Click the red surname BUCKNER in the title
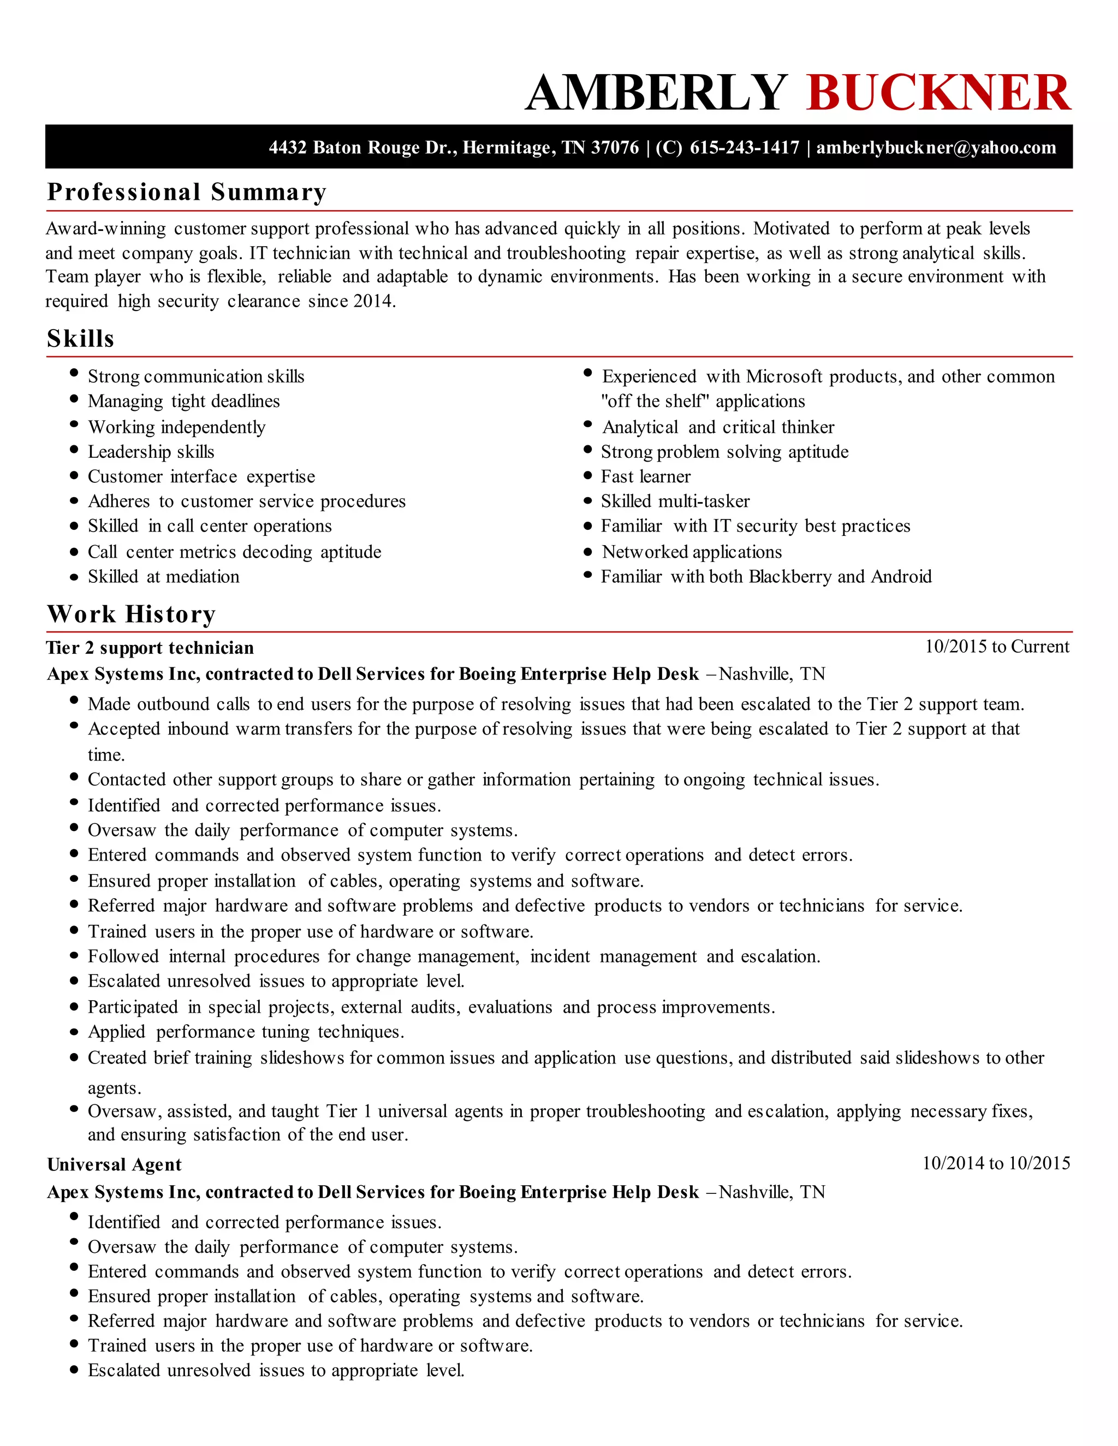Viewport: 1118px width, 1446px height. coord(938,93)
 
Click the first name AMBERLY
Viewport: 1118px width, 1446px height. coord(656,93)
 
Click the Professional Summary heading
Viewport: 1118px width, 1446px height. coord(186,192)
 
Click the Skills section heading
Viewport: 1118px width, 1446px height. coord(80,338)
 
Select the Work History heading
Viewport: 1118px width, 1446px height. coord(131,614)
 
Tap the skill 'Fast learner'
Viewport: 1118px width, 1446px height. coord(645,477)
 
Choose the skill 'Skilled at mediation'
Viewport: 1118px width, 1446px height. coord(164,577)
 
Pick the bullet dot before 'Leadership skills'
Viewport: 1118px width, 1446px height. coord(74,450)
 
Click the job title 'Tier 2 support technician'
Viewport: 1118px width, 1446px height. coord(150,648)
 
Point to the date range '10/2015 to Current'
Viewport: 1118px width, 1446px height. coord(996,647)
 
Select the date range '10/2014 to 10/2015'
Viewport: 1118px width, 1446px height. coord(996,1163)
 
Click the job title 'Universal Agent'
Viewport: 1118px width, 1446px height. coord(114,1164)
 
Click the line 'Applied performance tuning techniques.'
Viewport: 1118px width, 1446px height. coord(246,1032)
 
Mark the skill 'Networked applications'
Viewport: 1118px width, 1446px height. coord(692,552)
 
